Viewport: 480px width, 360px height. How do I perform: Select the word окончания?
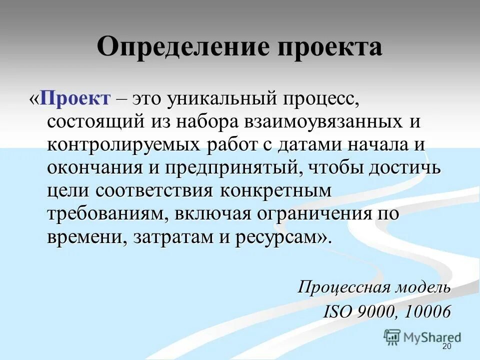pos(92,167)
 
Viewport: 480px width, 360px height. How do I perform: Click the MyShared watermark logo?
pos(422,336)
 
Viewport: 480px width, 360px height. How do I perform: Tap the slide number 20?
pos(446,347)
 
